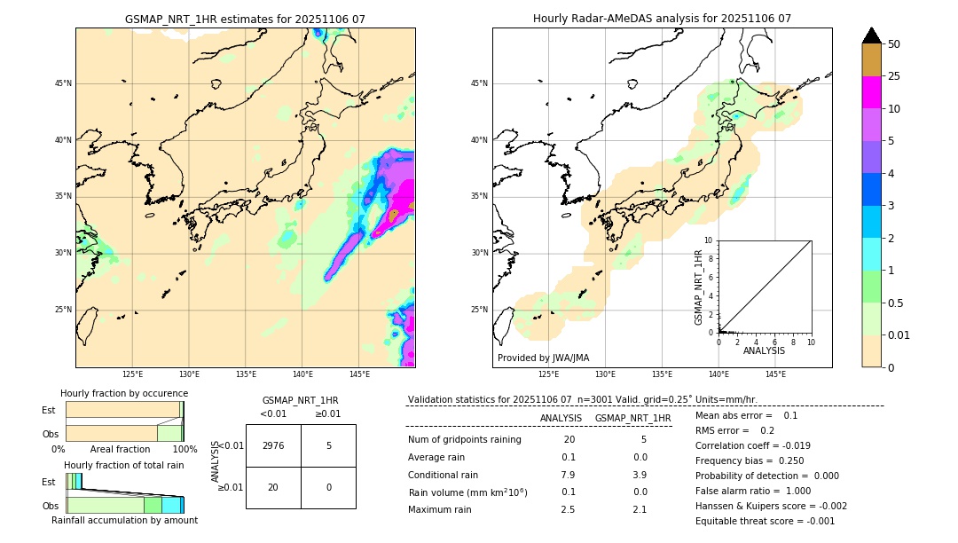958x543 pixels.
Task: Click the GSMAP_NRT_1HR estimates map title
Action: pyautogui.click(x=245, y=19)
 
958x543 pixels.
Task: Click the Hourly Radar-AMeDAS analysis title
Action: pyautogui.click(x=662, y=19)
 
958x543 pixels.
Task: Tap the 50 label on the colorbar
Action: pyautogui.click(x=894, y=44)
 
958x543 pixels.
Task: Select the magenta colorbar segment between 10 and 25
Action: pyautogui.click(x=871, y=92)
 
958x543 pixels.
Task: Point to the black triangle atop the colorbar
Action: pyautogui.click(x=871, y=35)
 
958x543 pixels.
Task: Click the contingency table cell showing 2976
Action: pyautogui.click(x=273, y=445)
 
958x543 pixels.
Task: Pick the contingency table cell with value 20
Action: pyautogui.click(x=273, y=487)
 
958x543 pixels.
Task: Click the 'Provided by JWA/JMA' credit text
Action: pyautogui.click(x=543, y=358)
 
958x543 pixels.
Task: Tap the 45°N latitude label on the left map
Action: pyautogui.click(x=62, y=83)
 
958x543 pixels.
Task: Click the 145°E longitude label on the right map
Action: pyautogui.click(x=775, y=374)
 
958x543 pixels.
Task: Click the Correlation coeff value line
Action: pyautogui.click(x=752, y=445)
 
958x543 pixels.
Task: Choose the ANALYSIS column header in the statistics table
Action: pyautogui.click(x=561, y=418)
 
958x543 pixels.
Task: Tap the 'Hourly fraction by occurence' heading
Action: pyautogui.click(x=124, y=393)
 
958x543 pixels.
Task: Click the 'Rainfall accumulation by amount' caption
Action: pyautogui.click(x=124, y=520)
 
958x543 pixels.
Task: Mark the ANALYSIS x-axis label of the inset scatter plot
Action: pyautogui.click(x=764, y=350)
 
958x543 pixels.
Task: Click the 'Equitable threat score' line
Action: pyautogui.click(x=765, y=521)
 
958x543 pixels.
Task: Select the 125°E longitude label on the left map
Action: pyautogui.click(x=132, y=374)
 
